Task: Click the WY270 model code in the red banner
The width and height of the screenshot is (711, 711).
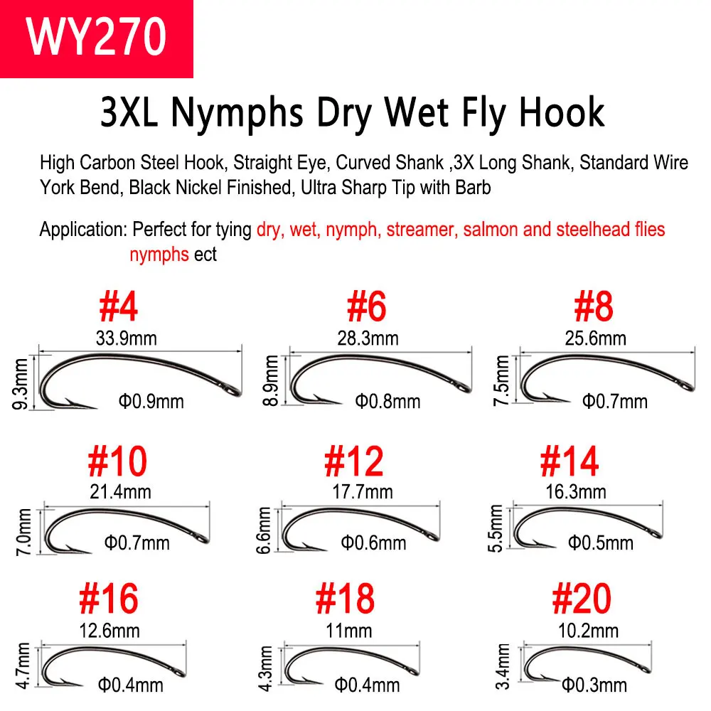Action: coord(96,36)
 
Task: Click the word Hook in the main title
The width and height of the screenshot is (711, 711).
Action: coord(562,112)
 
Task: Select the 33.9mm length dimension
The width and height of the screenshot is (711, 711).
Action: coord(126,338)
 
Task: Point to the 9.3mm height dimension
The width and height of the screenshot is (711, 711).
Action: coord(21,384)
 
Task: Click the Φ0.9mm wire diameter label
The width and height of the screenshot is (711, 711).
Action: coord(151,401)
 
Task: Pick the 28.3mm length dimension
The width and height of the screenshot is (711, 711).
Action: coord(368,338)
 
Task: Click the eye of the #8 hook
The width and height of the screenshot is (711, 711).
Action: coord(688,387)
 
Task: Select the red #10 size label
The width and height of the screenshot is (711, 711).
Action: coord(117,461)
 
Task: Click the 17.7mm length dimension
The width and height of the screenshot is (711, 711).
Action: coord(363,491)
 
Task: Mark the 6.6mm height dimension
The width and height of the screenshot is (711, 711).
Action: coord(264,530)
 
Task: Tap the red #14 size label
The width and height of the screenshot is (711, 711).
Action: coord(570,461)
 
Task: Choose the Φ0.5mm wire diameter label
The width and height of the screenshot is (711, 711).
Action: coord(601,542)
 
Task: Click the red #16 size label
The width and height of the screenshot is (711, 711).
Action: coord(108,599)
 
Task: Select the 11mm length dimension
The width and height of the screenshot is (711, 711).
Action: coord(349,631)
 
